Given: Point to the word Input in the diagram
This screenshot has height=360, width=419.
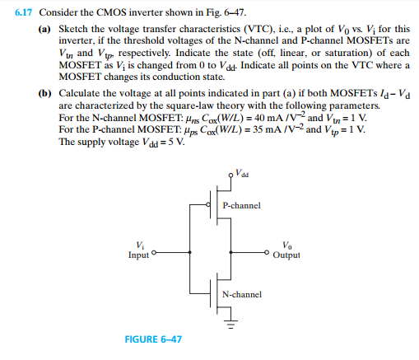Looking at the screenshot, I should (140, 255).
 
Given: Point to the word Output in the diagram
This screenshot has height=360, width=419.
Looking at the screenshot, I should (286, 255).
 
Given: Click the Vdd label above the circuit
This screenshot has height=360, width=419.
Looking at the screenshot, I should (240, 175).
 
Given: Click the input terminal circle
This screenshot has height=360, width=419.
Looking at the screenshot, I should (155, 251).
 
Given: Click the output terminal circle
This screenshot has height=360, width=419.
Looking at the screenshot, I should (268, 251).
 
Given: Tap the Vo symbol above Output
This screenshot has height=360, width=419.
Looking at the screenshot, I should (286, 245).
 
